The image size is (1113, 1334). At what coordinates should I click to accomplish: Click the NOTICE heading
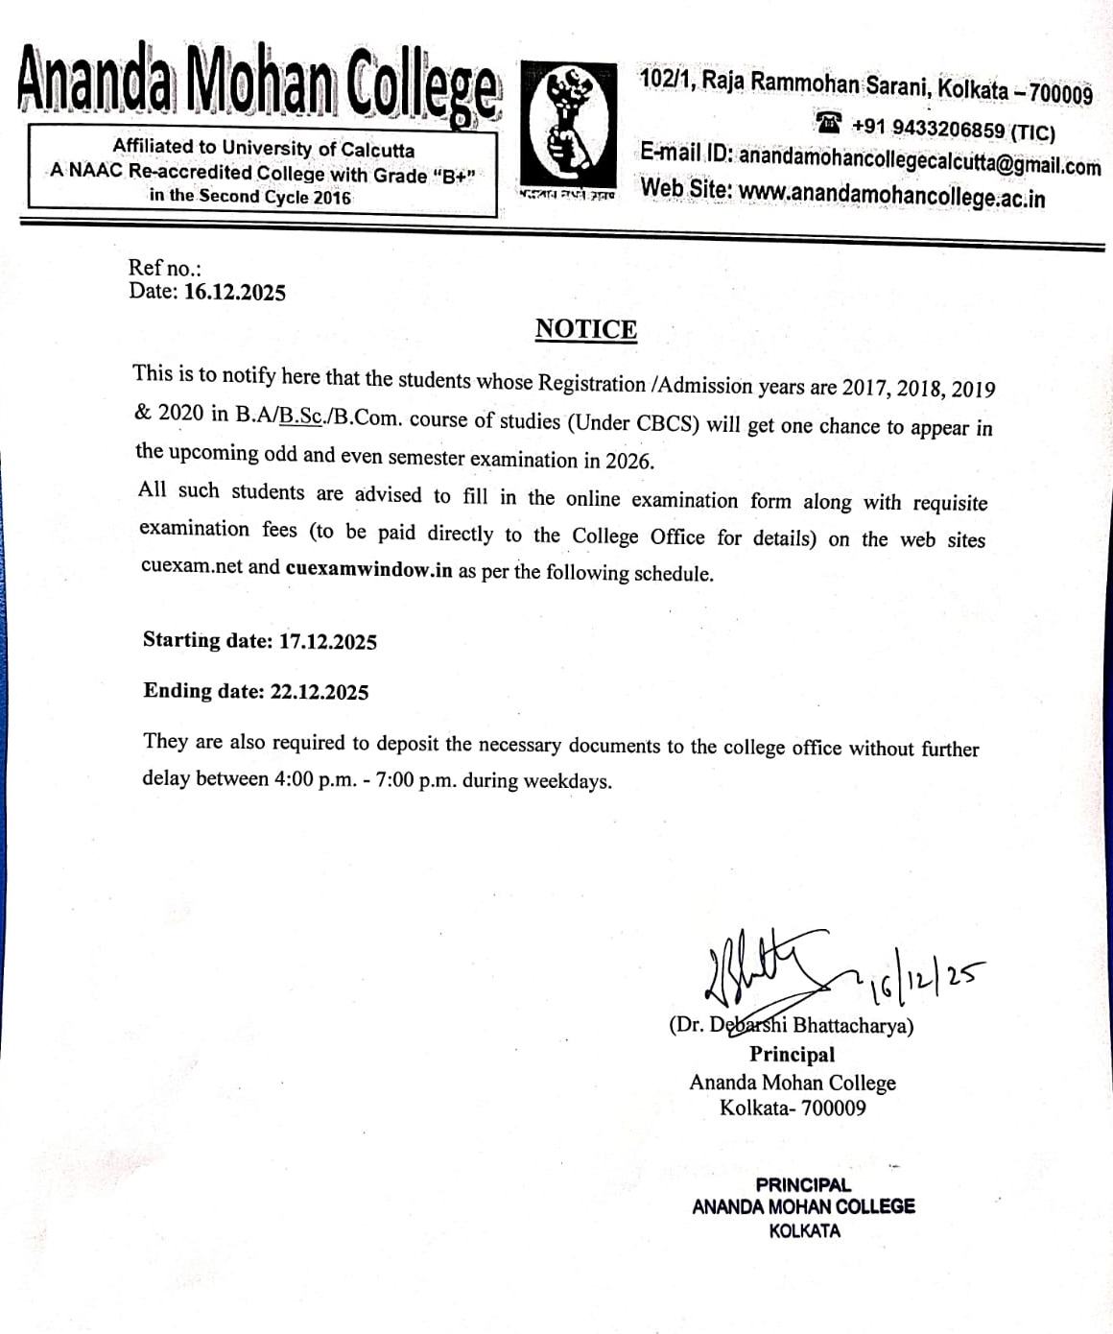585,329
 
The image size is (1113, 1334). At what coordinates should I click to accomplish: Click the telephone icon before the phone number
829,124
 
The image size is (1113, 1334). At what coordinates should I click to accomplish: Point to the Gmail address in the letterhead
919,162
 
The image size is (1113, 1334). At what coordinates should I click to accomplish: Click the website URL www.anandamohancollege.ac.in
891,197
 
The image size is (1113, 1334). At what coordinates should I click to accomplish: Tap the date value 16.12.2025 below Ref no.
234,292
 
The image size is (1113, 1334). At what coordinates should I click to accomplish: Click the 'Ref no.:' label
165,269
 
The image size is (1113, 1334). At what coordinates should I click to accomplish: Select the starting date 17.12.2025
327,641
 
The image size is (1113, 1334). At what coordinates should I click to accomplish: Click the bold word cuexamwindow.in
368,568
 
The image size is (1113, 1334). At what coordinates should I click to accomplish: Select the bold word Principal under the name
792,1054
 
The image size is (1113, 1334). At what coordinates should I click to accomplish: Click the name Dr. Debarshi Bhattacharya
791,1025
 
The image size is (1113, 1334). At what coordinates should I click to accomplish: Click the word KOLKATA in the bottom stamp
804,1230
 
